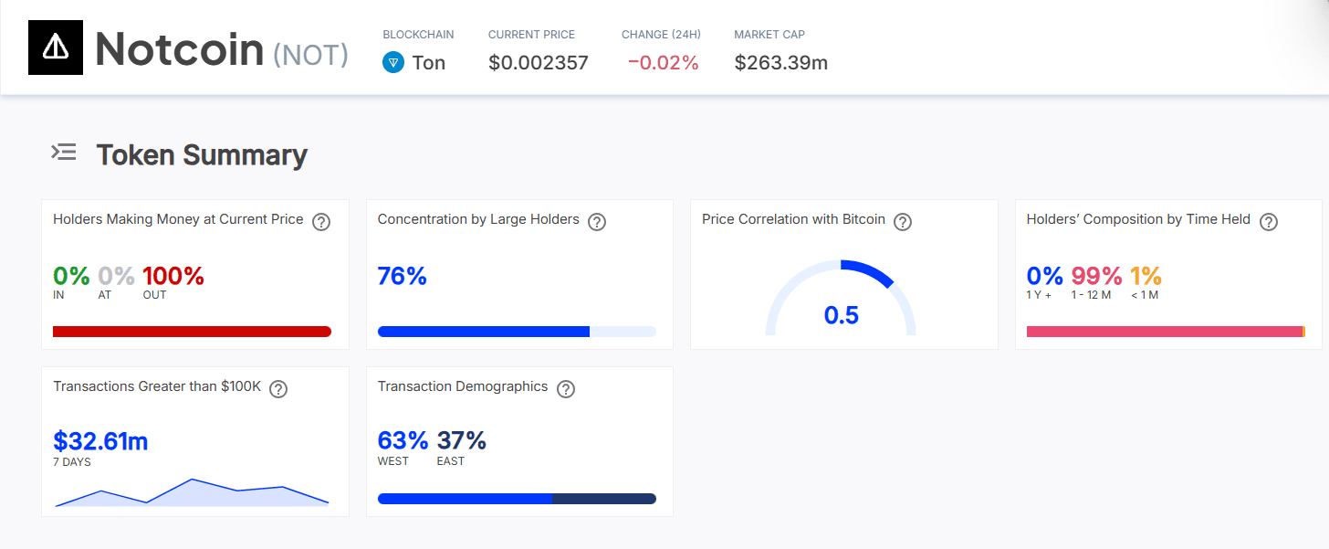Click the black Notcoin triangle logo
click(x=56, y=48)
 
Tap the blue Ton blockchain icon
click(x=393, y=63)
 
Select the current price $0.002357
click(x=538, y=63)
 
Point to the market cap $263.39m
click(x=780, y=63)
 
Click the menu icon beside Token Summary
click(x=64, y=153)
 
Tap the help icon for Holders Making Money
click(x=321, y=221)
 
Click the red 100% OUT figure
click(x=173, y=275)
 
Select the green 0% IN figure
click(x=71, y=275)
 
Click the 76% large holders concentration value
click(x=402, y=275)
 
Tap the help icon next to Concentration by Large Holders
click(x=597, y=221)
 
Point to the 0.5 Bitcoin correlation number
click(x=841, y=315)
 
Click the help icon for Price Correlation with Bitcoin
click(x=903, y=221)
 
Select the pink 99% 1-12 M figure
click(x=1096, y=275)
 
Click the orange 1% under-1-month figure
click(x=1146, y=275)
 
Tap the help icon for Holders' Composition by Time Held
click(x=1268, y=221)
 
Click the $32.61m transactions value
click(x=100, y=441)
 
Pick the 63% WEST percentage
click(x=403, y=441)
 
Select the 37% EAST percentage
click(x=462, y=441)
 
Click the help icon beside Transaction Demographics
click(x=566, y=388)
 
